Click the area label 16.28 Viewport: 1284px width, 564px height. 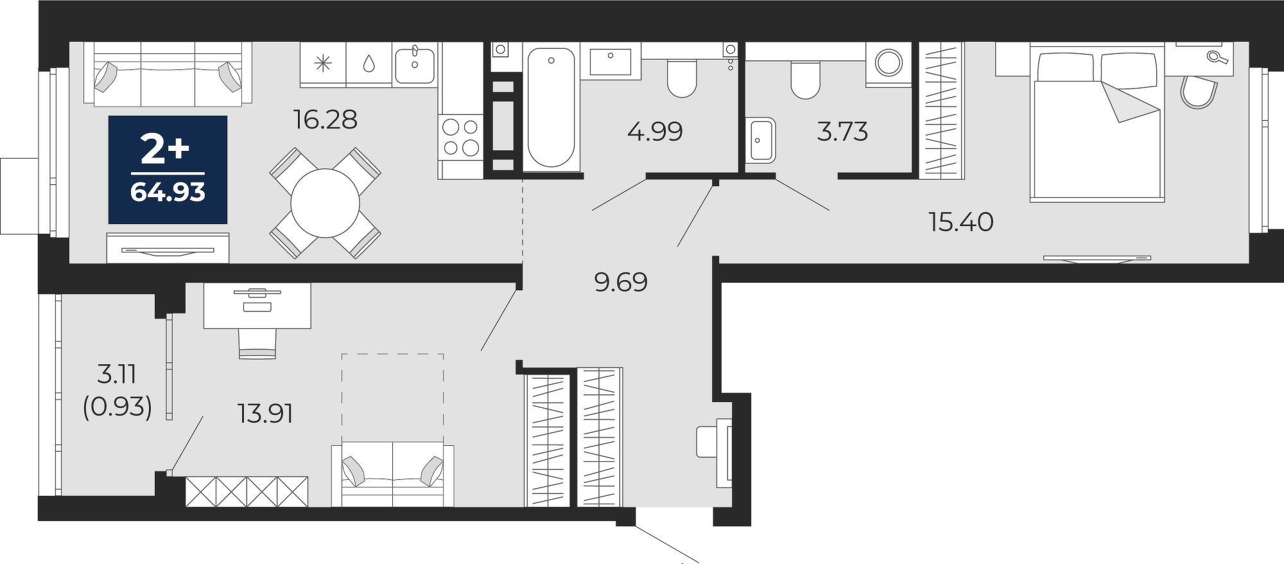[325, 119]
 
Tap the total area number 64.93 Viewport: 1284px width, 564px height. [168, 192]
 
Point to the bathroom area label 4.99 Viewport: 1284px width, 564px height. [655, 132]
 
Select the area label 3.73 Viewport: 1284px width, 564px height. [842, 132]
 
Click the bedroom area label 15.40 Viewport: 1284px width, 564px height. [961, 222]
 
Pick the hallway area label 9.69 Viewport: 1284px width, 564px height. [621, 282]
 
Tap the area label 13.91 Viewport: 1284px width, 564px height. [265, 414]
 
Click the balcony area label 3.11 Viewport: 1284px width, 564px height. [116, 374]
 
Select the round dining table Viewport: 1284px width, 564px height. [325, 204]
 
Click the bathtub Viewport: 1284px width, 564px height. [551, 107]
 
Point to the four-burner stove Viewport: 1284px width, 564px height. [461, 137]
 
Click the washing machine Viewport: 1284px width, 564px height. [889, 63]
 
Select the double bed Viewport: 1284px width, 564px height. [1097, 123]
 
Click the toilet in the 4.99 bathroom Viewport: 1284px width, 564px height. [682, 78]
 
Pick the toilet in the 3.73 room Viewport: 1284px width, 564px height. [806, 79]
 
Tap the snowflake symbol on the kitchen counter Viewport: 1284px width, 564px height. [323, 63]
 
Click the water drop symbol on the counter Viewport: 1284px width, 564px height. [369, 63]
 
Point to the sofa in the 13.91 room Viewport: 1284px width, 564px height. [392, 474]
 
